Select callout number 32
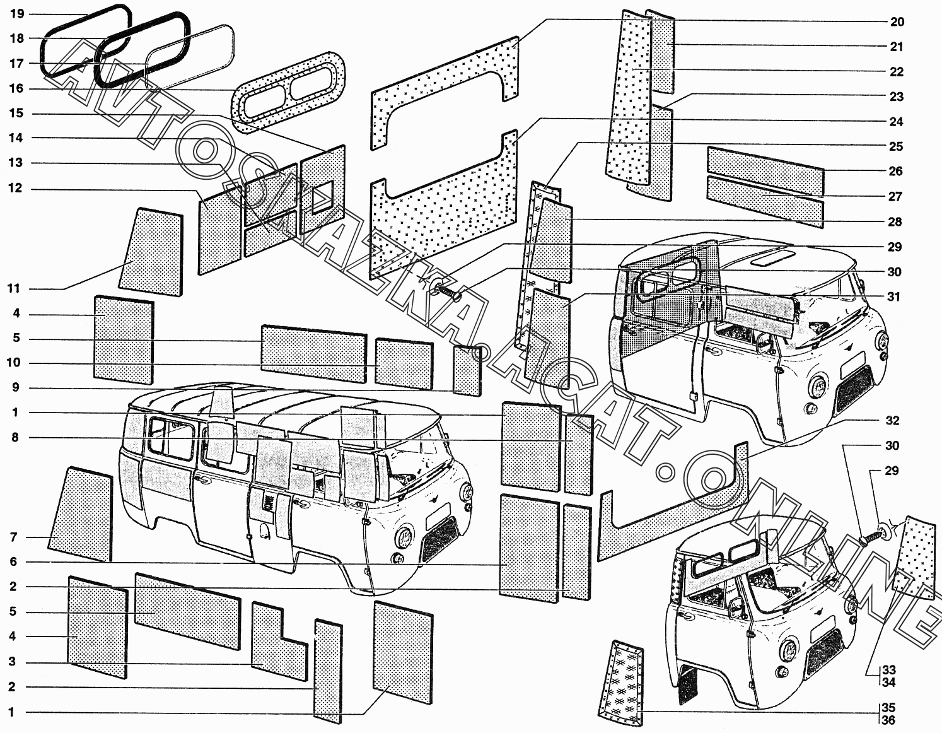(x=892, y=421)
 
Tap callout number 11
(x=14, y=289)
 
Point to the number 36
(x=888, y=720)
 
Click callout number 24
(x=896, y=122)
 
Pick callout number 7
(x=13, y=537)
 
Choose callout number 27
(x=895, y=197)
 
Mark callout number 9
(x=16, y=388)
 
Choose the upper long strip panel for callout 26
(x=765, y=170)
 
